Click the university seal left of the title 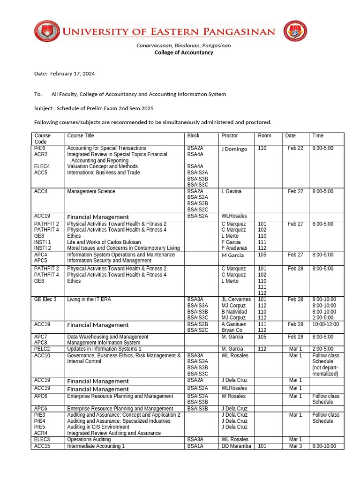coord(46,32)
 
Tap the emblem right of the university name coord(296,32)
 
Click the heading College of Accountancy coord(184,52)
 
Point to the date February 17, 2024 coord(72,74)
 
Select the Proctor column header coord(229,135)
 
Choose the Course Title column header coord(81,135)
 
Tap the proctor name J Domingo coord(234,149)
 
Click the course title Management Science coord(91,191)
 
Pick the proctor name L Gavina coord(232,191)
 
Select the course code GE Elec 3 coord(45,299)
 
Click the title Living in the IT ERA coord(89,299)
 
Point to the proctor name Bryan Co coord(232,330)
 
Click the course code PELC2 coord(42,349)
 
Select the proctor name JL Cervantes coord(236,299)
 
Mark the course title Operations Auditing coord(89,440)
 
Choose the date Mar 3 coord(295,446)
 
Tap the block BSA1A coord(195,446)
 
